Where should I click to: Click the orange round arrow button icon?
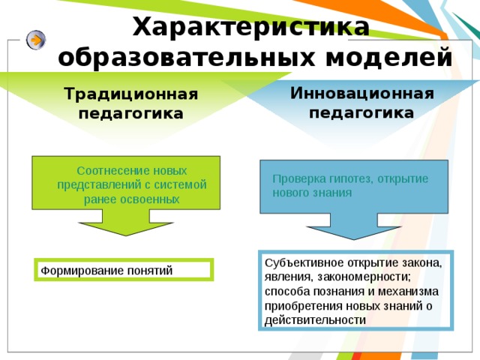(36, 40)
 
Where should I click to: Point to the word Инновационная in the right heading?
(361, 94)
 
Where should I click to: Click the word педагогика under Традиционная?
(130, 114)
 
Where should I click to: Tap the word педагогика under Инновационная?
(361, 113)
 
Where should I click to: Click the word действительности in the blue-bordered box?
(316, 319)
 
